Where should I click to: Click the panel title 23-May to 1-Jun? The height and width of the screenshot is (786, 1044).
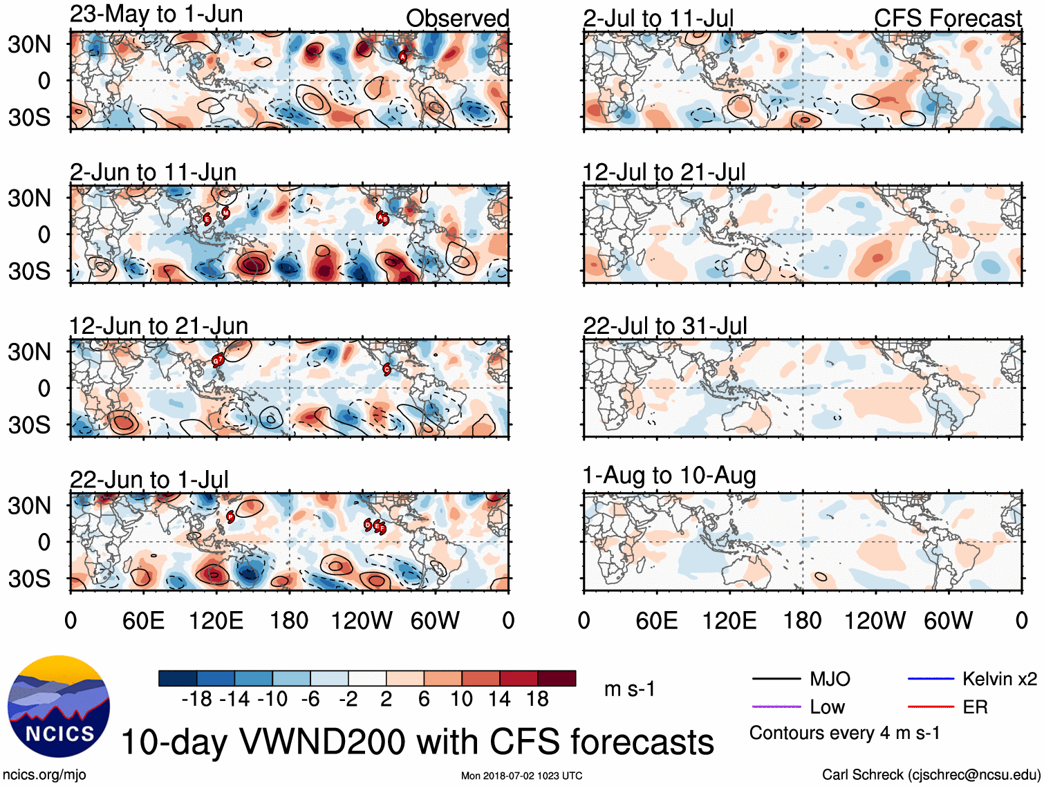tap(156, 15)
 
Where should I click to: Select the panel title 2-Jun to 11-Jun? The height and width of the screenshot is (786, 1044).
tap(153, 171)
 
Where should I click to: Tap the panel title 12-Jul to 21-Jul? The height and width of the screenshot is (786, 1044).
tap(664, 171)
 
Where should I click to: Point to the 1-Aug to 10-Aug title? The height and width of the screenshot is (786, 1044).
tap(669, 476)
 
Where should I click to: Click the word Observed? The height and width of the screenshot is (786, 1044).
tap(457, 19)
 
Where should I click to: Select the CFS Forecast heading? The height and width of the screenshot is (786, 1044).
tap(947, 19)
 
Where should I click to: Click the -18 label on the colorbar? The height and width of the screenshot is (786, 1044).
tap(196, 700)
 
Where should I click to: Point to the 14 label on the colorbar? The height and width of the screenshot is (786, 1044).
tap(499, 700)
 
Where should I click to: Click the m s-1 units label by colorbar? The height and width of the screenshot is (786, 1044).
tap(629, 689)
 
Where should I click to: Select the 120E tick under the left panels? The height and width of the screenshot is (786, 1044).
tap(216, 621)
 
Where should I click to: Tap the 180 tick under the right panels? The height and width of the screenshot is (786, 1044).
tap(802, 621)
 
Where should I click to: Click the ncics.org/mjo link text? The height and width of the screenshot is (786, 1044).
tap(44, 775)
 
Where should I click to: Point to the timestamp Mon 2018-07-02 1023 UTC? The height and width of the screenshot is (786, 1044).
tap(521, 776)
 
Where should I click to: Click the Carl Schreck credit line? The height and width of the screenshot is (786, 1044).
tap(931, 775)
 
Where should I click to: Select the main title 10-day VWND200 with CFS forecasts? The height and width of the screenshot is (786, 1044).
tap(417, 742)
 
